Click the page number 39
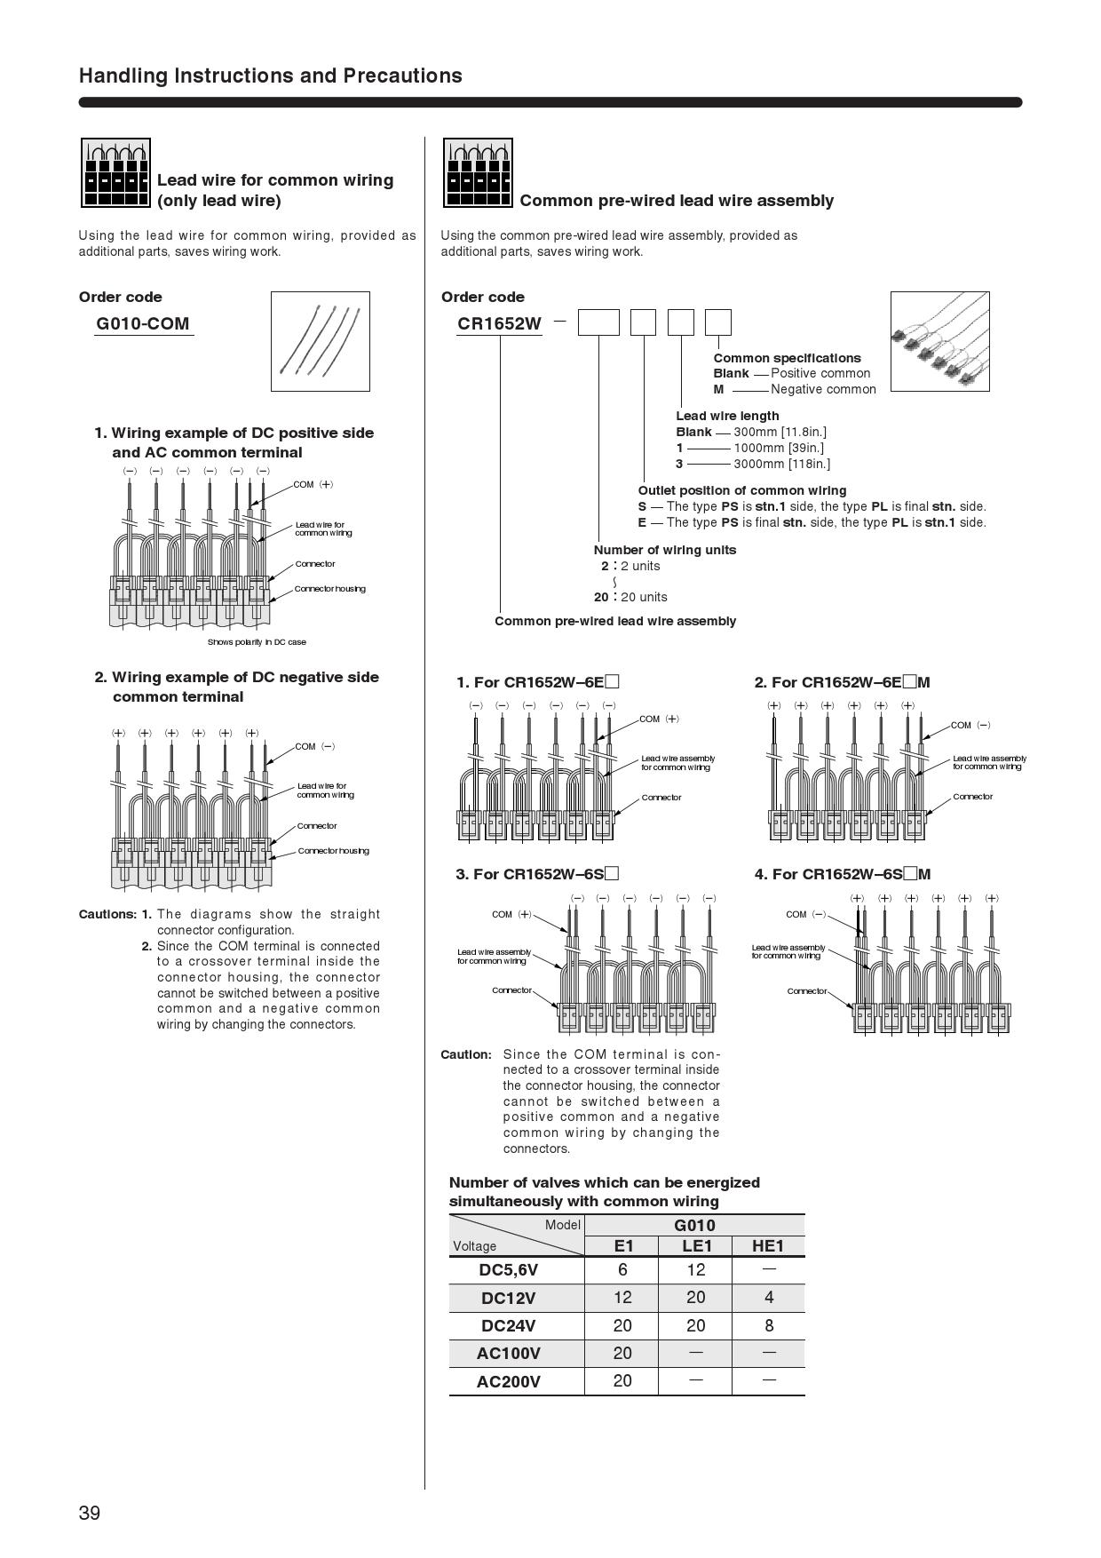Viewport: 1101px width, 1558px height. pos(90,1513)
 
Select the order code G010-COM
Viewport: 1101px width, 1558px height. pos(143,323)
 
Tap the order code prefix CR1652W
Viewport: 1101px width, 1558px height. pos(499,323)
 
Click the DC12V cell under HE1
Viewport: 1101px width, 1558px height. pos(768,1298)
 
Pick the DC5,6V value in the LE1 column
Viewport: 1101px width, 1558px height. pos(695,1270)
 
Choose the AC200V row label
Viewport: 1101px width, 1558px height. pos(508,1381)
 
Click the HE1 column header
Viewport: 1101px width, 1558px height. pos(768,1245)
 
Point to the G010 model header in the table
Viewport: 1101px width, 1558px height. pos(694,1225)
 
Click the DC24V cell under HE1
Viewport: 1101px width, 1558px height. pos(768,1325)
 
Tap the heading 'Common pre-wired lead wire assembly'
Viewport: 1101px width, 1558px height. pos(677,201)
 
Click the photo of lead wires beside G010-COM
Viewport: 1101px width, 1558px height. pos(320,341)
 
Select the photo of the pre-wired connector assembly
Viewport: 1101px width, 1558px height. pos(939,341)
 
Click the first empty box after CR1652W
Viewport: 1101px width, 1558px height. pos(598,322)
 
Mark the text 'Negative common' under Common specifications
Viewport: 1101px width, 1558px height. pos(823,389)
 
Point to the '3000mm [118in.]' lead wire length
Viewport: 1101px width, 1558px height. pos(781,464)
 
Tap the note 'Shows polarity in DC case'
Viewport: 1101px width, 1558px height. pos(257,642)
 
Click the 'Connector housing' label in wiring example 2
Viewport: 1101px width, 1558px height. pos(333,851)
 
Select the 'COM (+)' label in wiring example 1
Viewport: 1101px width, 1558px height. pos(313,485)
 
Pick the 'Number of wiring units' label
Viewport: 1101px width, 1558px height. pos(665,550)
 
